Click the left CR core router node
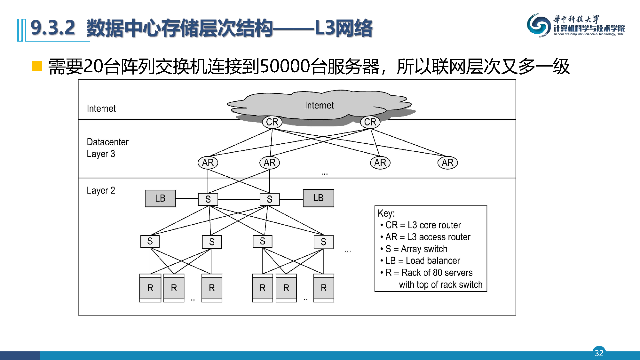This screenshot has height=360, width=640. point(272,122)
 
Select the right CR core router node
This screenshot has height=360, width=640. point(370,122)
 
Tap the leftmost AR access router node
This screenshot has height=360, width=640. point(208,163)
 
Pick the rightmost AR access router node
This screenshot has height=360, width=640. point(447,163)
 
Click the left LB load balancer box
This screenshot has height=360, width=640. point(160,198)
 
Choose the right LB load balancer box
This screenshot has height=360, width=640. point(318,198)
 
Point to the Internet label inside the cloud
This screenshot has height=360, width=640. point(319,105)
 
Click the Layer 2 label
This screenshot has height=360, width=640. point(101,190)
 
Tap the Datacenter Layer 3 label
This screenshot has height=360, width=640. point(107,148)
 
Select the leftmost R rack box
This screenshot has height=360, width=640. point(150,288)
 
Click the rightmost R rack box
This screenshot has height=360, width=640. point(324,288)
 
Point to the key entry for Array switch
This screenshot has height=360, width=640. point(416,249)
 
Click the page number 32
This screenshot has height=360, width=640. point(599,353)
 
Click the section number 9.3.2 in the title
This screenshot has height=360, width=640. point(53,28)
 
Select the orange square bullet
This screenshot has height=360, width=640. point(37,66)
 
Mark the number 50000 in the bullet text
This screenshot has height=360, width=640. point(285,67)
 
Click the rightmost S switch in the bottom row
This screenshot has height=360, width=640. point(323,242)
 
